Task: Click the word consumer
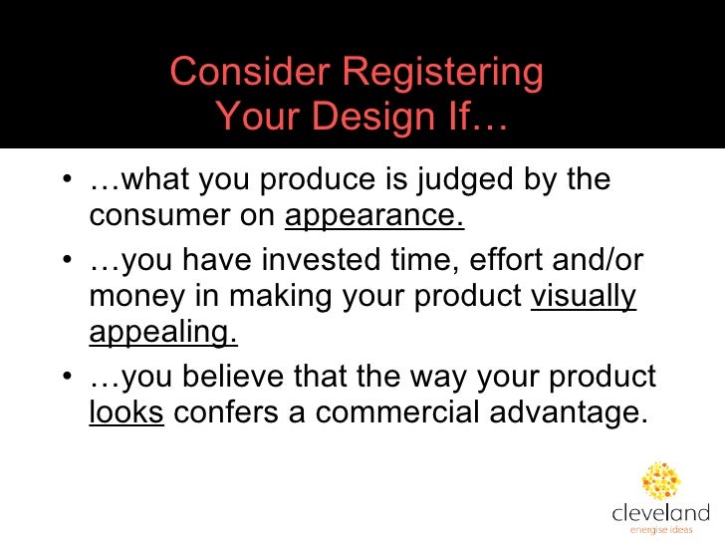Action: click(x=155, y=216)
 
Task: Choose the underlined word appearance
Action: click(x=374, y=216)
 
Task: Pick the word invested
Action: click(x=323, y=262)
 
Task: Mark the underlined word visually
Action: click(x=584, y=297)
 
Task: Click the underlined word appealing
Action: click(x=163, y=332)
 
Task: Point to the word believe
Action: click(x=231, y=378)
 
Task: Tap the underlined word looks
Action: click(x=125, y=412)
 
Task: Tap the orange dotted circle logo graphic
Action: click(x=660, y=480)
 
